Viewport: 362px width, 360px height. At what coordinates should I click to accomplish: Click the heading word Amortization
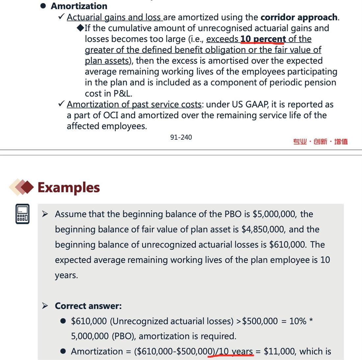click(79, 6)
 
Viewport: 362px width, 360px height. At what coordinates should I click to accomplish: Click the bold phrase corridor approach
click(299, 17)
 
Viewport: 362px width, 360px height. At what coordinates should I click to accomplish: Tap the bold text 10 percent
click(263, 39)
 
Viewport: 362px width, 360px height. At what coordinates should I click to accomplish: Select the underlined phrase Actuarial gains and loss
click(115, 17)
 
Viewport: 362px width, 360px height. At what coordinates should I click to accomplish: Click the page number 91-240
click(181, 137)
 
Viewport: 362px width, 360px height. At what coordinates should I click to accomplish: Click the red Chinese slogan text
click(320, 142)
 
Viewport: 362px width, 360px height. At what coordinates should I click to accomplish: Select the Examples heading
click(68, 187)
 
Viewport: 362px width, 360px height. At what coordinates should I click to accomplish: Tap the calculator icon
click(22, 214)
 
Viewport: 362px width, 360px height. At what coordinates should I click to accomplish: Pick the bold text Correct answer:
click(88, 306)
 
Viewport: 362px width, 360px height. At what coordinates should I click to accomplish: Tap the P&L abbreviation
click(122, 94)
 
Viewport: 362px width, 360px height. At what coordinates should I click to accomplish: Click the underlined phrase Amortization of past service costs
click(134, 105)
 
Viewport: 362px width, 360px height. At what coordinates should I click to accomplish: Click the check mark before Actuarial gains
click(61, 17)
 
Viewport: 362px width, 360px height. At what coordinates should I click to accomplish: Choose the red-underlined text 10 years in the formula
click(236, 351)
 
